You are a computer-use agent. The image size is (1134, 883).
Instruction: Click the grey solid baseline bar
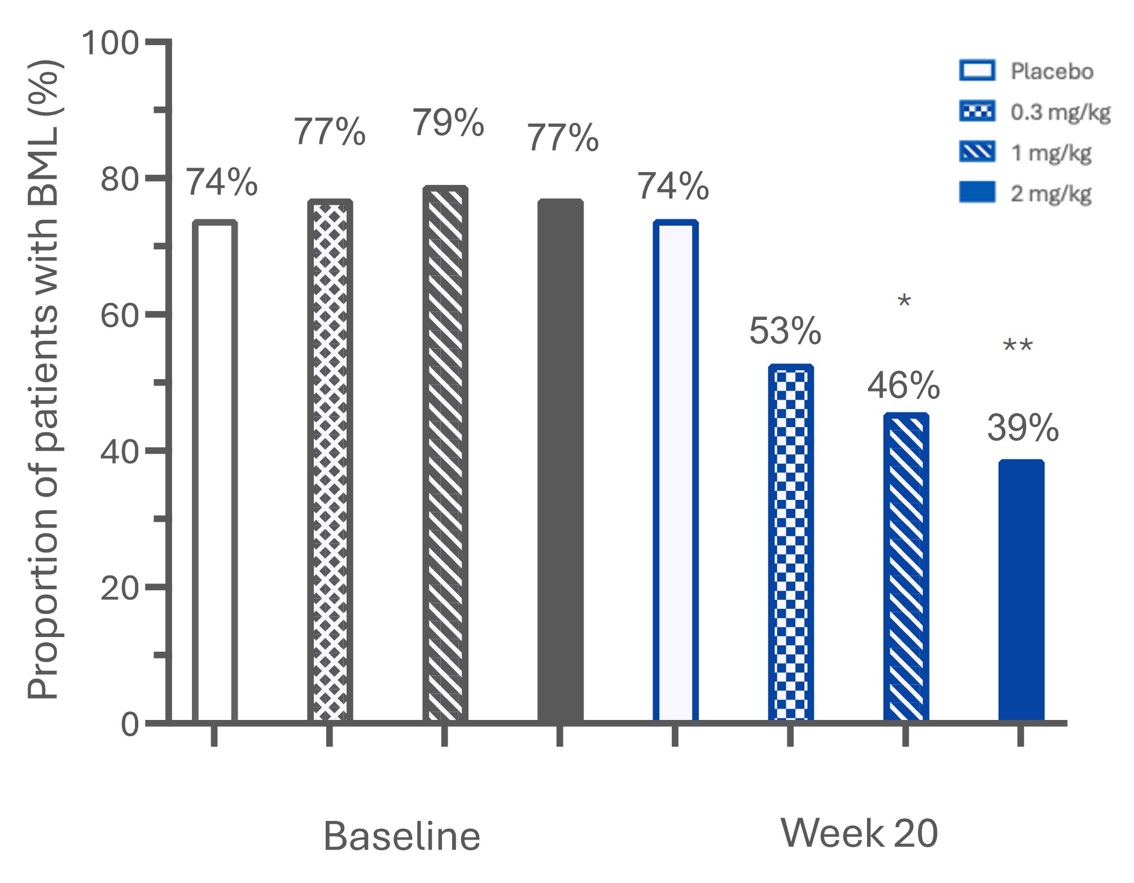pos(560,460)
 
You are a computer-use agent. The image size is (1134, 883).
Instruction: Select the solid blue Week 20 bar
pos(1021,590)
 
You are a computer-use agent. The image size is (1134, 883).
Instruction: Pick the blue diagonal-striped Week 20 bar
pos(906,566)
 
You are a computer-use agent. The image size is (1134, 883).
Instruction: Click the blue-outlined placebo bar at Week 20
pos(676,471)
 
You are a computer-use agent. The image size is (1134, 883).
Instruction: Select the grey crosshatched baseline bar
pos(330,460)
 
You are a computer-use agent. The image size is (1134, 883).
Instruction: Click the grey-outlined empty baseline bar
pos(214,471)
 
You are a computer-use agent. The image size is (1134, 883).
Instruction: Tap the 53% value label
pos(785,331)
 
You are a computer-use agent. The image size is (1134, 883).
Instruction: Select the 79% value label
pos(448,123)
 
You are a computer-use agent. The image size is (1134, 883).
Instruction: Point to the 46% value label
pos(903,386)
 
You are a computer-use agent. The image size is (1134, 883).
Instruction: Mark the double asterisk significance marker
pos(1018,346)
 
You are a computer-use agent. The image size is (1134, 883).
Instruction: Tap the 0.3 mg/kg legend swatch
pos(977,112)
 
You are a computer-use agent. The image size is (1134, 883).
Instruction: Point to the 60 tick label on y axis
pos(119,315)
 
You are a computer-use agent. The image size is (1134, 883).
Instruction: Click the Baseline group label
pos(401,836)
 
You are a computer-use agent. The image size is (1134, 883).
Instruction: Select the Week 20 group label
pos(859,833)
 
